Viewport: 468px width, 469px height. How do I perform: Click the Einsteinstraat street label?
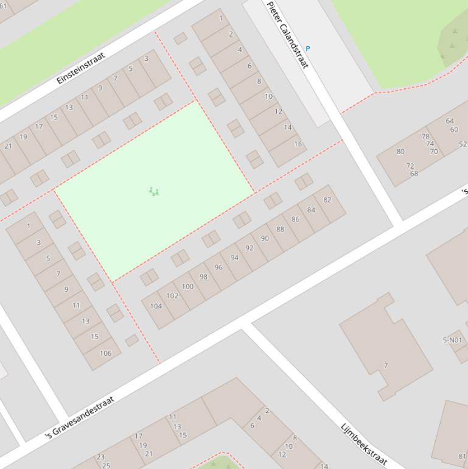(80, 68)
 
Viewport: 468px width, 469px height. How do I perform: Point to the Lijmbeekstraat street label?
(364, 444)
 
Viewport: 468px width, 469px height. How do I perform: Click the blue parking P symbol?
(308, 49)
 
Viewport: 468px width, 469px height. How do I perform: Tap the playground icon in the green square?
(154, 192)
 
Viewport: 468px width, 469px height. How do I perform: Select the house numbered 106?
(105, 353)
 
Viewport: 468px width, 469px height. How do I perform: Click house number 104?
(156, 306)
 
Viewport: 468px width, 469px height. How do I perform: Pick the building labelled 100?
(187, 286)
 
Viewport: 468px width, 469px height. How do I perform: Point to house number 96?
(218, 267)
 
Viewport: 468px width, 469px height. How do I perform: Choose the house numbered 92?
(250, 248)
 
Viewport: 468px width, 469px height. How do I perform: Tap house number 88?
(280, 229)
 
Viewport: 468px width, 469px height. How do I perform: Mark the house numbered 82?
(327, 200)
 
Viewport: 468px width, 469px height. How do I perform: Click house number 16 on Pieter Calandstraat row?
(298, 144)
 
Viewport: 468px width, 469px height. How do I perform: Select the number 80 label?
(400, 152)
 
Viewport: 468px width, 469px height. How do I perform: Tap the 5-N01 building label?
(452, 340)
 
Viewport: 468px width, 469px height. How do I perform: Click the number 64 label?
(450, 121)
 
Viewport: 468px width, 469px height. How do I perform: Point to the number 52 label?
(463, 144)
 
